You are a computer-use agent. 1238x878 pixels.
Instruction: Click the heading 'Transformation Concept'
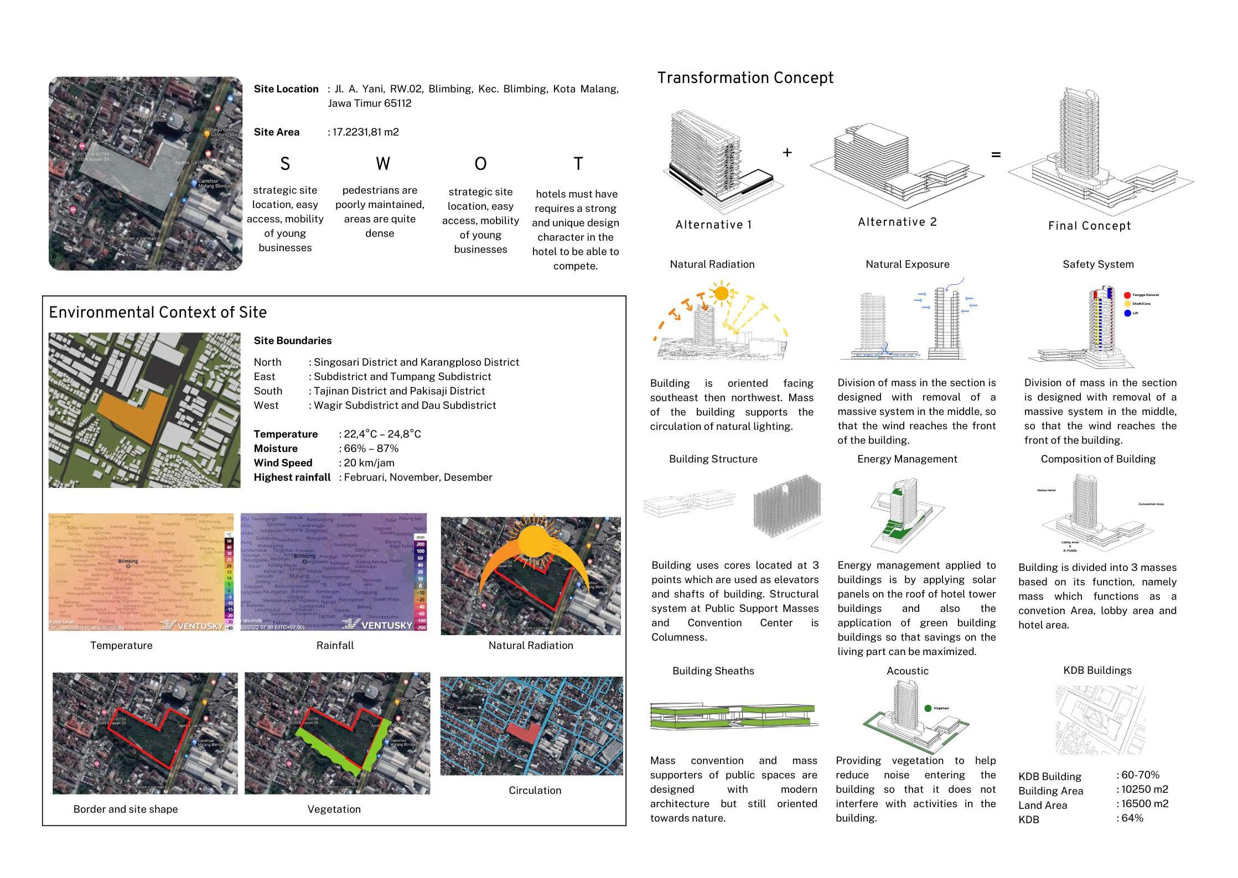745,78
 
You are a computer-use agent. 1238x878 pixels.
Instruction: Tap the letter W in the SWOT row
382,164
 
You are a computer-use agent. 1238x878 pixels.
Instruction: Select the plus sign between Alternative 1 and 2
787,152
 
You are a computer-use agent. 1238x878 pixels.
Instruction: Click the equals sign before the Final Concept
996,155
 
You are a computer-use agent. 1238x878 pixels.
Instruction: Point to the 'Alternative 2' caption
897,222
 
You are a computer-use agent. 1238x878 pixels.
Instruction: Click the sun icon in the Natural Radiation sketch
721,293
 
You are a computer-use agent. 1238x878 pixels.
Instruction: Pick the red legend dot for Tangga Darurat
1127,295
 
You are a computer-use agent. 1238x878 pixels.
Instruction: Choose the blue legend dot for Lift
1127,313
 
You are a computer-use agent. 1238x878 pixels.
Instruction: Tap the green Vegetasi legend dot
928,708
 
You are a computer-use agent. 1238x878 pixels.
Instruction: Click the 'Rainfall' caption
335,645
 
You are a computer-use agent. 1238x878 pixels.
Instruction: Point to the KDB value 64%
1131,818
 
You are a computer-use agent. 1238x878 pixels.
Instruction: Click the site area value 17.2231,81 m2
365,132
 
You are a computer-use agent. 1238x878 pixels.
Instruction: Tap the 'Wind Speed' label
283,463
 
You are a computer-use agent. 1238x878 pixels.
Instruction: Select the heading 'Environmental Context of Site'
158,313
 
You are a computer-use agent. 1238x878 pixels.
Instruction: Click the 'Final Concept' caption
1089,226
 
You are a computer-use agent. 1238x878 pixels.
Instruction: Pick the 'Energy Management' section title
907,459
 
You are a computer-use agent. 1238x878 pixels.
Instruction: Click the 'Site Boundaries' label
293,341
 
